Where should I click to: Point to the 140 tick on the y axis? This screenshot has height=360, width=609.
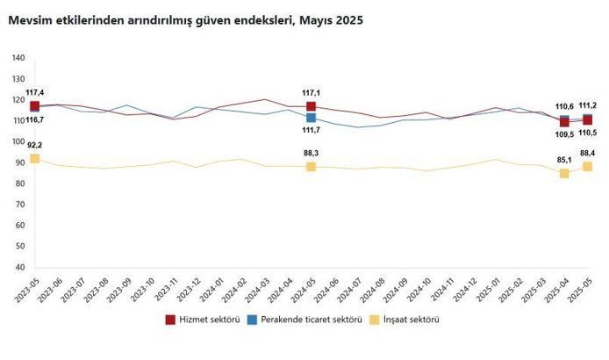tap(18, 58)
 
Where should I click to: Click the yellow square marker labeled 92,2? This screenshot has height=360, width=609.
tap(34, 158)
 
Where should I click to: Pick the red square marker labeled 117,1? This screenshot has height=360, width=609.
tap(312, 107)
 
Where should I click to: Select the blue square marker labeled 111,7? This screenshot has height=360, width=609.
tap(312, 118)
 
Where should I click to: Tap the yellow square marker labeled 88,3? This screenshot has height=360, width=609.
tap(312, 167)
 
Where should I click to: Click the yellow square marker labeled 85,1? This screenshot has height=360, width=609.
tap(564, 173)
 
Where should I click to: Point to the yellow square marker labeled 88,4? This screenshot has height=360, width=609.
tap(587, 167)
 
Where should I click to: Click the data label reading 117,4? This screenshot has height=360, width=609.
tap(34, 92)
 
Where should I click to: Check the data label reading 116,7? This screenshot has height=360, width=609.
tap(34, 119)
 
